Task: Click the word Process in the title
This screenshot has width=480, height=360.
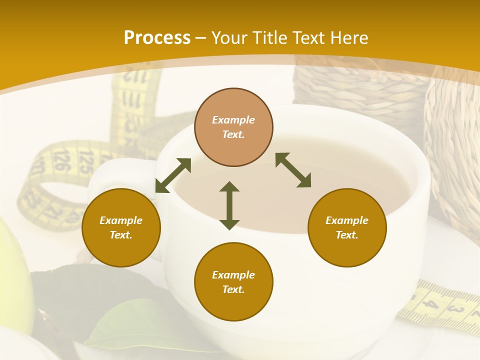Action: click(157, 38)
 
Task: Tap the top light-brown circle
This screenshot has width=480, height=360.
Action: click(233, 127)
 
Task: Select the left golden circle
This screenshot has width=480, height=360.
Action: click(121, 227)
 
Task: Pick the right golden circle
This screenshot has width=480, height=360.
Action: click(347, 227)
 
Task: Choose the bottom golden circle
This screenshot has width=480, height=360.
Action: click(233, 282)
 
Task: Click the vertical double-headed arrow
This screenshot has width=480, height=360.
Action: click(229, 206)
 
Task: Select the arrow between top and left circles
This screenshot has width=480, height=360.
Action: click(173, 175)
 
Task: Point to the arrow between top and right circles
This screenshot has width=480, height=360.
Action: click(293, 170)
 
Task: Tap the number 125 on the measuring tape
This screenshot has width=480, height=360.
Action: click(86, 160)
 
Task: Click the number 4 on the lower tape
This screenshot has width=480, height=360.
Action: click(433, 304)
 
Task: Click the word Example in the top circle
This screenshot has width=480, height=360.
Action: click(233, 120)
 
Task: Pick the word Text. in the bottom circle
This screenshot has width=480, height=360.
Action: click(233, 289)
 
